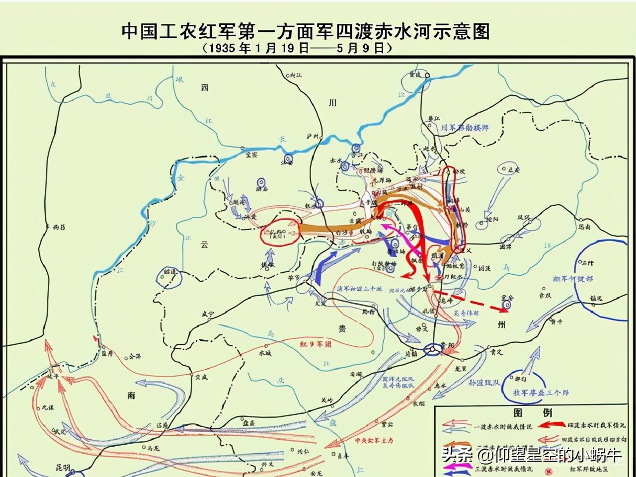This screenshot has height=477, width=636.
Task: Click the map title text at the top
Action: click(x=306, y=31)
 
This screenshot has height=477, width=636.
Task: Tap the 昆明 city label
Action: click(x=64, y=469)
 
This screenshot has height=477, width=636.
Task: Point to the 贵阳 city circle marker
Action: click(x=432, y=351)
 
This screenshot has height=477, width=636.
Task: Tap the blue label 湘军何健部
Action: click(x=572, y=279)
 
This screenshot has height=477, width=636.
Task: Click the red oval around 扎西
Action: click(x=279, y=233)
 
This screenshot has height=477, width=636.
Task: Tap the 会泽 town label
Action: click(x=134, y=356)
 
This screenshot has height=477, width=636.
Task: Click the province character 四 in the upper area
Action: click(x=204, y=87)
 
